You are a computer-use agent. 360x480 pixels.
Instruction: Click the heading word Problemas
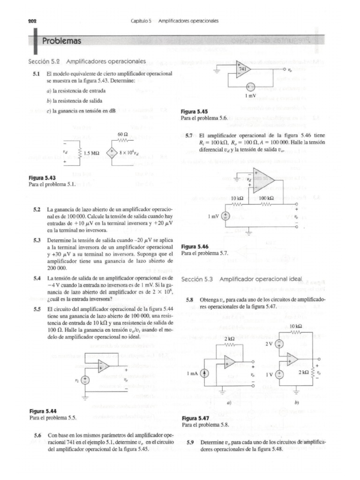[x=62, y=41]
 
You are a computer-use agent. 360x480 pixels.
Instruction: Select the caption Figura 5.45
[x=194, y=112]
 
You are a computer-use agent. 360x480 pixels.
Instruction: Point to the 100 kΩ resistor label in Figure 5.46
[x=266, y=198]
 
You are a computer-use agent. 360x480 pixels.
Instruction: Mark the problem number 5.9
[x=190, y=442]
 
